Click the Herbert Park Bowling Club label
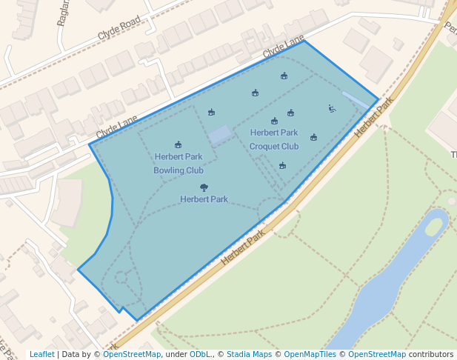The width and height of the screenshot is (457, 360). coord(179,163)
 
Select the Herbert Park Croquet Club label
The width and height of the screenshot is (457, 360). coord(274,139)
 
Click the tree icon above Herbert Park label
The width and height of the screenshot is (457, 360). coord(204,187)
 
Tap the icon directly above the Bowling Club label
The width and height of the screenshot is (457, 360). coord(179,144)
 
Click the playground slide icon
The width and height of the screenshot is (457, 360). coord(332,109)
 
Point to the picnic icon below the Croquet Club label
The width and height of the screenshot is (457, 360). coord(282,165)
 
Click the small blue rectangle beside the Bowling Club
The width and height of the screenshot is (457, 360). coord(220,134)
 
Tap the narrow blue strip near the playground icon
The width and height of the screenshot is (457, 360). coord(354,99)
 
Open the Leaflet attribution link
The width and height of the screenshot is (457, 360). coord(41,354)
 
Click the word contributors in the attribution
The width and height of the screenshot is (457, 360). coord(431,354)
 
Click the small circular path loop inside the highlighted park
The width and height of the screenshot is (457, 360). coord(121,278)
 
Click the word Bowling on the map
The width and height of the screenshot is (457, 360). coord(169,170)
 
